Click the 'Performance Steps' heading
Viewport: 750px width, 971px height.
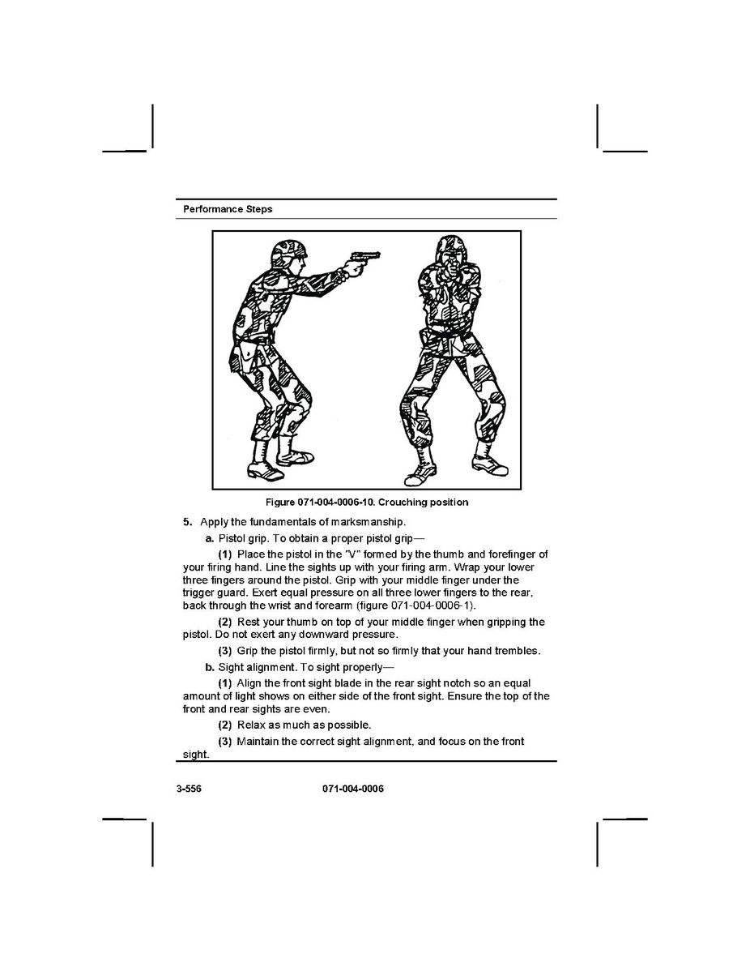coord(228,209)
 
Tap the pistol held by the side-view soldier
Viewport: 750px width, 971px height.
coord(364,259)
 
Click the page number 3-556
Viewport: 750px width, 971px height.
coord(190,789)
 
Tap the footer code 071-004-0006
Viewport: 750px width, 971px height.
coord(352,789)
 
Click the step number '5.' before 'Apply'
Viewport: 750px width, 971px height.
coord(188,521)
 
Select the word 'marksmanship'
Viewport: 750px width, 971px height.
coord(367,521)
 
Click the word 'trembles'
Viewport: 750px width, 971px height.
coord(518,651)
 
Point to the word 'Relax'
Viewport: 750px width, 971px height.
coord(250,725)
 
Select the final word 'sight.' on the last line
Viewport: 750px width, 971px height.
coord(196,755)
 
